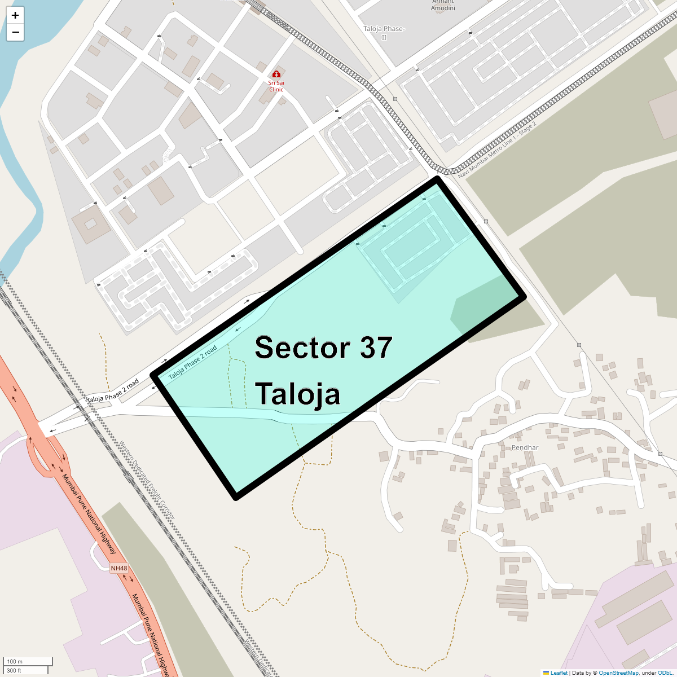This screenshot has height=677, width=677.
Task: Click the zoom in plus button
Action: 15,15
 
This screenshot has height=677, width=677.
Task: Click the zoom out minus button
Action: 15,32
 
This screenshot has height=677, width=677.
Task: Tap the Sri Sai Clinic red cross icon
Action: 276,74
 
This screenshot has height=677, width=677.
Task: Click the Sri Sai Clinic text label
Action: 276,86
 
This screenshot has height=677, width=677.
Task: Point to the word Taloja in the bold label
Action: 297,394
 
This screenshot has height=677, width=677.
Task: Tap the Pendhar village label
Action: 525,447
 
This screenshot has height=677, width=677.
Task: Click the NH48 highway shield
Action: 119,568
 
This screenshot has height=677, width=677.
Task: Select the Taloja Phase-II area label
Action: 384,33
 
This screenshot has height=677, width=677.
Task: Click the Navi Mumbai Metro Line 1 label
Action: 497,150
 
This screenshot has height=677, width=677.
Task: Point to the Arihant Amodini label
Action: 443,6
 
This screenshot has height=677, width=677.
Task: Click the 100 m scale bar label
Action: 15,661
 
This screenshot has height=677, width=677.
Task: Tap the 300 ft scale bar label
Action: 14,670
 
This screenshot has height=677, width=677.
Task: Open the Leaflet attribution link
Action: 559,672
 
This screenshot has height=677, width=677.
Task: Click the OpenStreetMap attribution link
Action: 618,672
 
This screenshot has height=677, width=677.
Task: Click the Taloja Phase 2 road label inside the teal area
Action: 193,362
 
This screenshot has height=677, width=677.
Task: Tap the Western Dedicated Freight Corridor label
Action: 147,480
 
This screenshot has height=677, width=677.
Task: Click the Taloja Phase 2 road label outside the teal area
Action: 113,392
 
